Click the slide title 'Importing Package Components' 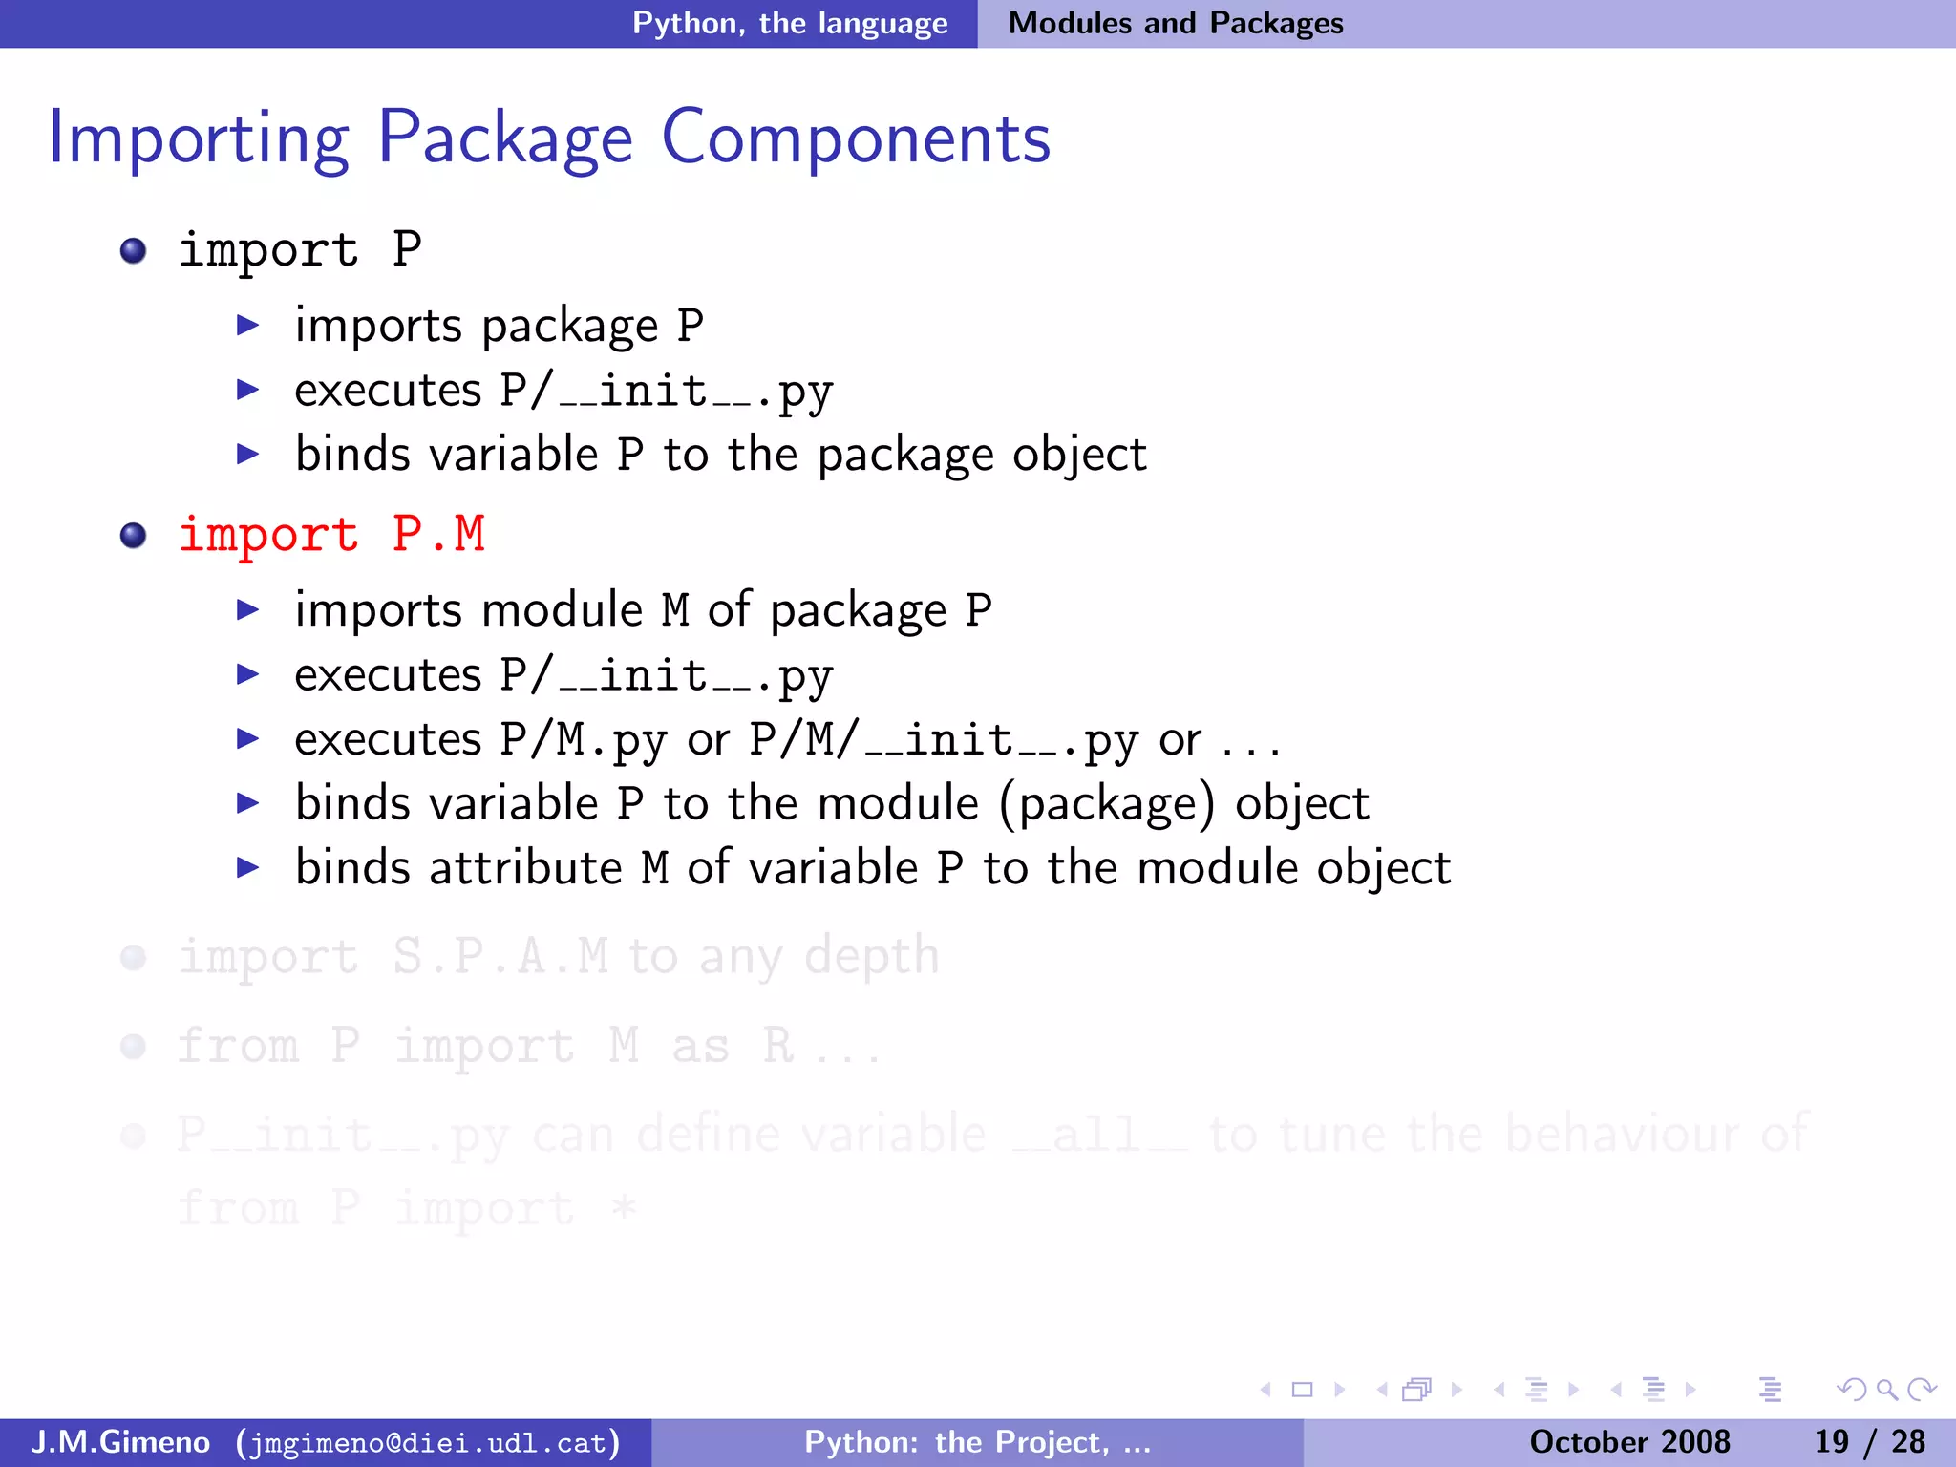(x=549, y=138)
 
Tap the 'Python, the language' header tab (x=790, y=23)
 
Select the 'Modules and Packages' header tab (x=1176, y=23)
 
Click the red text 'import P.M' (x=331, y=534)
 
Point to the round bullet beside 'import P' (x=134, y=251)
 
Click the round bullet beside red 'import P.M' (x=134, y=535)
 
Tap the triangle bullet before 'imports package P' (x=248, y=326)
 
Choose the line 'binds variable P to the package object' (x=720, y=455)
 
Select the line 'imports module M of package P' (x=643, y=610)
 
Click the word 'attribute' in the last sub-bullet (x=525, y=868)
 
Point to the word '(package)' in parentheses (x=1107, y=804)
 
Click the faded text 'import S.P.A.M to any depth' (x=559, y=956)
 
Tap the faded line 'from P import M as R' (x=528, y=1046)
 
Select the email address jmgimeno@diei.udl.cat (x=428, y=1442)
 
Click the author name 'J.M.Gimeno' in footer (x=120, y=1442)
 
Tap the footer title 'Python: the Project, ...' (x=977, y=1442)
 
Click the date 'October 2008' (x=1629, y=1442)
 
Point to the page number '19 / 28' (x=1869, y=1442)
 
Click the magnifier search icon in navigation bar (x=1886, y=1390)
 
